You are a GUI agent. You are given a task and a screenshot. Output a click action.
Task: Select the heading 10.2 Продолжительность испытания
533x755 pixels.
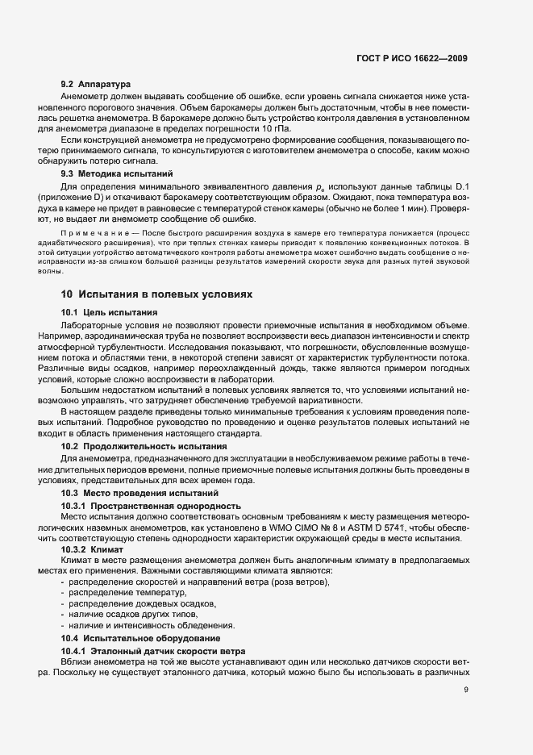[x=133, y=446]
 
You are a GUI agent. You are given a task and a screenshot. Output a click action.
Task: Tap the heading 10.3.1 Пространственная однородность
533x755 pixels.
[x=151, y=506]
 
